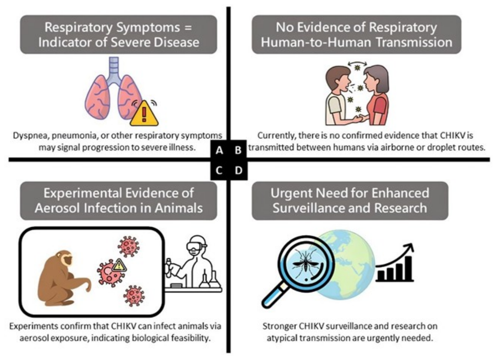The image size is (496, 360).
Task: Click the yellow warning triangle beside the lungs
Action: pos(144,114)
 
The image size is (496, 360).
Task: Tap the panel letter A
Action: pos(219,150)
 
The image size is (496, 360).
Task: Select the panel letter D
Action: pos(238,171)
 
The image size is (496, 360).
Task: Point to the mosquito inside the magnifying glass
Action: pos(306,263)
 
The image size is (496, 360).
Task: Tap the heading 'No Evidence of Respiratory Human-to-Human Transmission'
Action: pos(356,34)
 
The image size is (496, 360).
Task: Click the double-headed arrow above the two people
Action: pos(358,64)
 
